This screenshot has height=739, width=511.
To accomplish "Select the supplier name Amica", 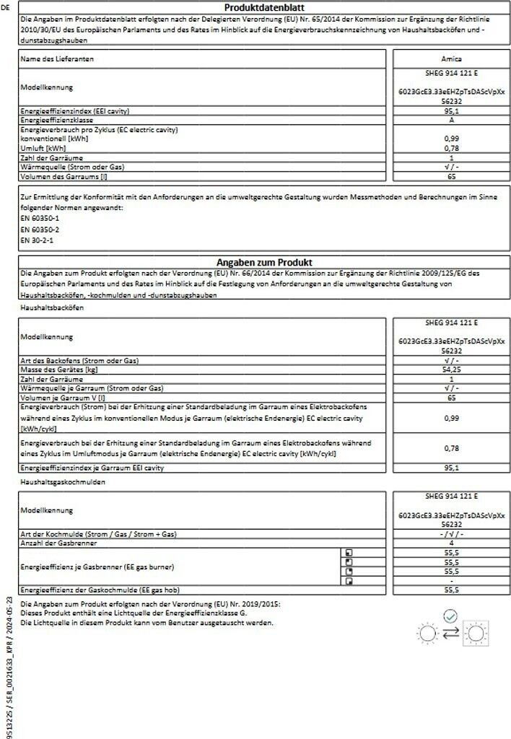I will (x=451, y=58).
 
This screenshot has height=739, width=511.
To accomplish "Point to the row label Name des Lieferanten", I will (x=57, y=58).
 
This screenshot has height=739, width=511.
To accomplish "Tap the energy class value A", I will (x=451, y=121).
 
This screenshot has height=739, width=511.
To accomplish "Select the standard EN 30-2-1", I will (x=38, y=239).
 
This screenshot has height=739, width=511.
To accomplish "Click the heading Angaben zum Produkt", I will (x=264, y=263).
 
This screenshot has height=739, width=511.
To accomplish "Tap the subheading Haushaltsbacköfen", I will (x=53, y=307).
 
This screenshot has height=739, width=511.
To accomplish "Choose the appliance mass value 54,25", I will (x=451, y=369).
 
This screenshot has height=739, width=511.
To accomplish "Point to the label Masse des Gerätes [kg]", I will (x=59, y=369).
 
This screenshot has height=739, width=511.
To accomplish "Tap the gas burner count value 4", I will (x=451, y=543).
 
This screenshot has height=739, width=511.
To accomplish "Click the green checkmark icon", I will (x=451, y=616).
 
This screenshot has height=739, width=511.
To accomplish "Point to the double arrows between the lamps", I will (x=451, y=634).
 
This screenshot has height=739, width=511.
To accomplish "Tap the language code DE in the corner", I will (x=6, y=7).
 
